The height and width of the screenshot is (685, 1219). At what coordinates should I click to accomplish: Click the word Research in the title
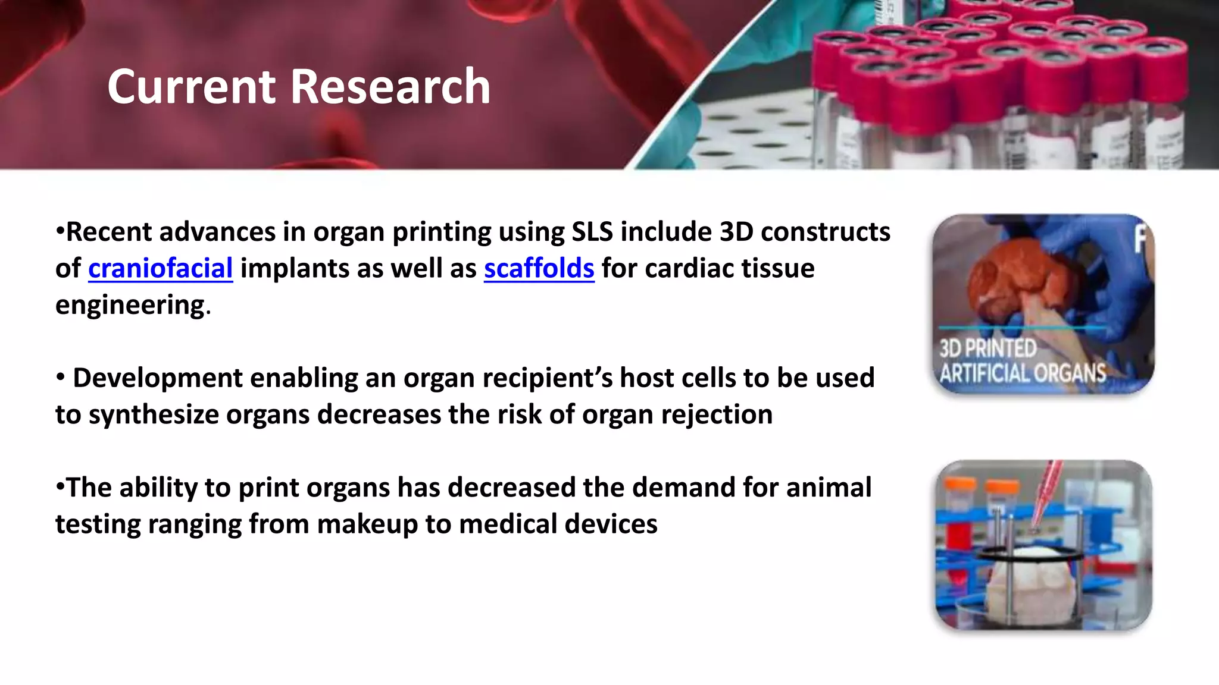coord(390,87)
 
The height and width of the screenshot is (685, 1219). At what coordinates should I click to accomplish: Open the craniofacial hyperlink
coord(160,269)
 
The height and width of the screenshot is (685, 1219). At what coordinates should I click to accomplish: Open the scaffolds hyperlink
coord(539,269)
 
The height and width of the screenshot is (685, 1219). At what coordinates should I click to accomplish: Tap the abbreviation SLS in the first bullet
coord(592,232)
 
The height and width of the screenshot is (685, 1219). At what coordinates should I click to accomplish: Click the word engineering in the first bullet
coord(130,306)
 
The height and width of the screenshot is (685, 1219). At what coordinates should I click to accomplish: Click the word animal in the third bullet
coord(829,488)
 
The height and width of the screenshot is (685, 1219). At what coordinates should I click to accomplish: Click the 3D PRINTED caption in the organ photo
coord(987,348)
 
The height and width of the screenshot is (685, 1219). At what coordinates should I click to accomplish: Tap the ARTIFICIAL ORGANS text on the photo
coord(1022,373)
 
